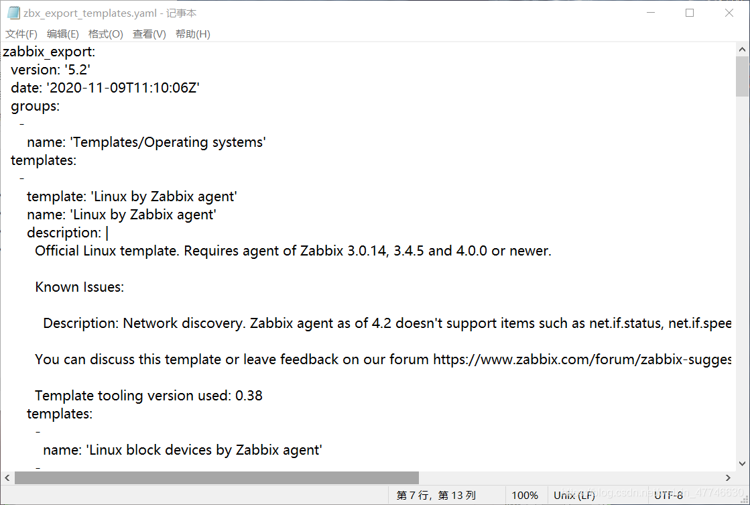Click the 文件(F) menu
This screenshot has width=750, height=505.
point(21,34)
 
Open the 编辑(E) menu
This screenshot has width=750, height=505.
point(63,34)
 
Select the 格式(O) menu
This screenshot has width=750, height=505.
point(106,34)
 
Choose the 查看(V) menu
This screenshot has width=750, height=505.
point(149,34)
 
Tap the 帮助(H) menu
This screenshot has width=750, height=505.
point(193,34)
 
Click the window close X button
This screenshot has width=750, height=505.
point(729,13)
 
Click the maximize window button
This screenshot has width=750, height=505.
point(690,13)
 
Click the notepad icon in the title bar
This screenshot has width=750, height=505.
point(13,13)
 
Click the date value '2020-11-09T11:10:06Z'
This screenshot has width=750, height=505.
point(123,88)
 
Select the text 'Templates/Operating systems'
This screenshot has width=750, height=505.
point(168,142)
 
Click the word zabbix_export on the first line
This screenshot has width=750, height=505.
point(49,52)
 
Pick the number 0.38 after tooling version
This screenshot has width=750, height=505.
point(249,396)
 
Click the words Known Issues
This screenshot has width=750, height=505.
point(79,287)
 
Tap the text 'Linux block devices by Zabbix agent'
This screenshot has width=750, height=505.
point(204,450)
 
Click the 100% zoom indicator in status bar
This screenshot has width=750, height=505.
point(525,496)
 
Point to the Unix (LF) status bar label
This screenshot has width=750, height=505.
point(574,496)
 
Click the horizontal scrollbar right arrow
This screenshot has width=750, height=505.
point(729,478)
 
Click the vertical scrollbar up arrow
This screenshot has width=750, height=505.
point(743,49)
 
